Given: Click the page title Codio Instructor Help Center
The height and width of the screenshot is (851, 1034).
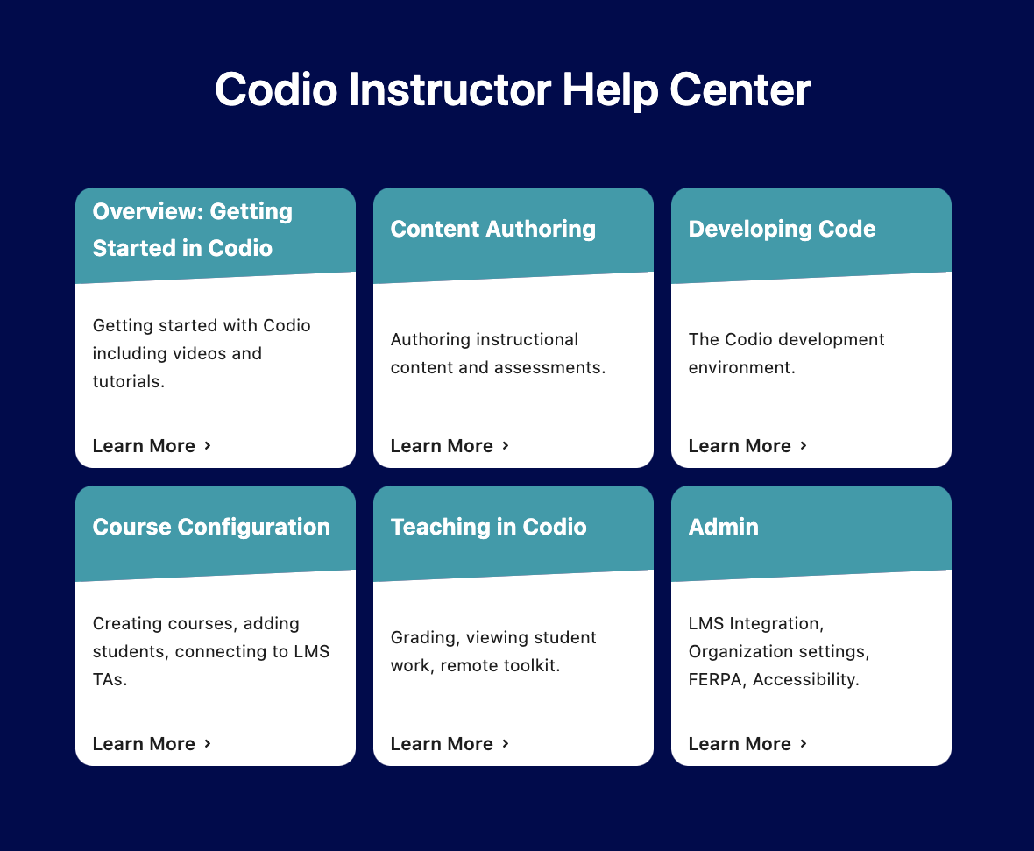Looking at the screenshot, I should click(513, 90).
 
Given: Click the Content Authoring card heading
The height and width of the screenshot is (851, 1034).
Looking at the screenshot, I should click(492, 229).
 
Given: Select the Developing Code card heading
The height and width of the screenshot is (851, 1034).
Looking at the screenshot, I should click(782, 229).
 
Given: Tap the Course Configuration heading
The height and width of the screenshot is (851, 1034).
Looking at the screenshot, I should click(211, 527).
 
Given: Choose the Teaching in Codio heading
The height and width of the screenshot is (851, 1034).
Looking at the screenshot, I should click(488, 527).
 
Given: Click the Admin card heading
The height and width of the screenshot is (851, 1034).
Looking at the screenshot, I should click(723, 527).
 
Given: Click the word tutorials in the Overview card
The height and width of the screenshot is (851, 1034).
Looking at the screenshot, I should click(128, 381).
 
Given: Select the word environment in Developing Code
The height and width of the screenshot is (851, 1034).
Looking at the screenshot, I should click(741, 367).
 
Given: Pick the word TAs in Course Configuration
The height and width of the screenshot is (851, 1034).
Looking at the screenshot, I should click(110, 679).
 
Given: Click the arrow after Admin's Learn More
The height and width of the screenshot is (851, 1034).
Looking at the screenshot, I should click(804, 743).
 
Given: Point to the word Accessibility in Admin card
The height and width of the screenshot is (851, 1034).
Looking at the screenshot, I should click(805, 679).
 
